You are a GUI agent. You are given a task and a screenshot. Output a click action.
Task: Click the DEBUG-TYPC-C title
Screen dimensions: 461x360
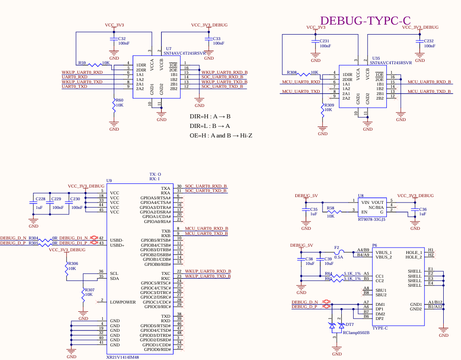click(x=365, y=20)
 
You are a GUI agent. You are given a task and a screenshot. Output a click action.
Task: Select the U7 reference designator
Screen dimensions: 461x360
click(x=169, y=49)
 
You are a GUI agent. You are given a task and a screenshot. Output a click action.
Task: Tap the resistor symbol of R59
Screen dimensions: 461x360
click(x=94, y=65)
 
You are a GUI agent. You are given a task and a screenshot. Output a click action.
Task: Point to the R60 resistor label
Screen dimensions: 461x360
click(x=119, y=100)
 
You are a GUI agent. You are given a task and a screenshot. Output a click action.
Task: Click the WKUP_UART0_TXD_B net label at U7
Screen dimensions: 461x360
click(x=224, y=82)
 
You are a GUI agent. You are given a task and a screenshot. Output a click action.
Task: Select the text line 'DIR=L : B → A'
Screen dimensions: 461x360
click(x=210, y=126)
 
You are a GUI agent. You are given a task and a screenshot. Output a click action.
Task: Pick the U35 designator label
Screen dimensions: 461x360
click(x=376, y=58)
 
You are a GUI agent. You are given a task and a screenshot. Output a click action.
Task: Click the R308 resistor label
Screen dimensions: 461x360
click(x=292, y=72)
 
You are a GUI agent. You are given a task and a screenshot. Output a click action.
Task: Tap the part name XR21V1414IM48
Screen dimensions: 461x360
click(x=122, y=357)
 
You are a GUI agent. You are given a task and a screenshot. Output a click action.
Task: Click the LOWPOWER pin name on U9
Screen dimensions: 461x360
click(x=123, y=302)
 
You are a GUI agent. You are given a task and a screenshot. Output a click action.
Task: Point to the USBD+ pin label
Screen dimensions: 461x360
click(x=117, y=245)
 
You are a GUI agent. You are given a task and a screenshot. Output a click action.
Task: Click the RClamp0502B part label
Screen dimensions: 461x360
click(x=356, y=333)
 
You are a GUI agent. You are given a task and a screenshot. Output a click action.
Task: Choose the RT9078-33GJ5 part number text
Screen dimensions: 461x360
click(x=372, y=219)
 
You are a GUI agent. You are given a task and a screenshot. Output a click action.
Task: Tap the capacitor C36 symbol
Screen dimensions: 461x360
click(x=415, y=209)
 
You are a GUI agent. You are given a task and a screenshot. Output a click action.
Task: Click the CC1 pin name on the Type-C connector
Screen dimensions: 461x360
click(x=380, y=276)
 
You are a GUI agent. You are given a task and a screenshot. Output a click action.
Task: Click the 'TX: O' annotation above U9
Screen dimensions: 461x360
click(x=155, y=174)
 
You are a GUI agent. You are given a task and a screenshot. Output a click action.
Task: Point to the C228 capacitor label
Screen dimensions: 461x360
click(x=41, y=199)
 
